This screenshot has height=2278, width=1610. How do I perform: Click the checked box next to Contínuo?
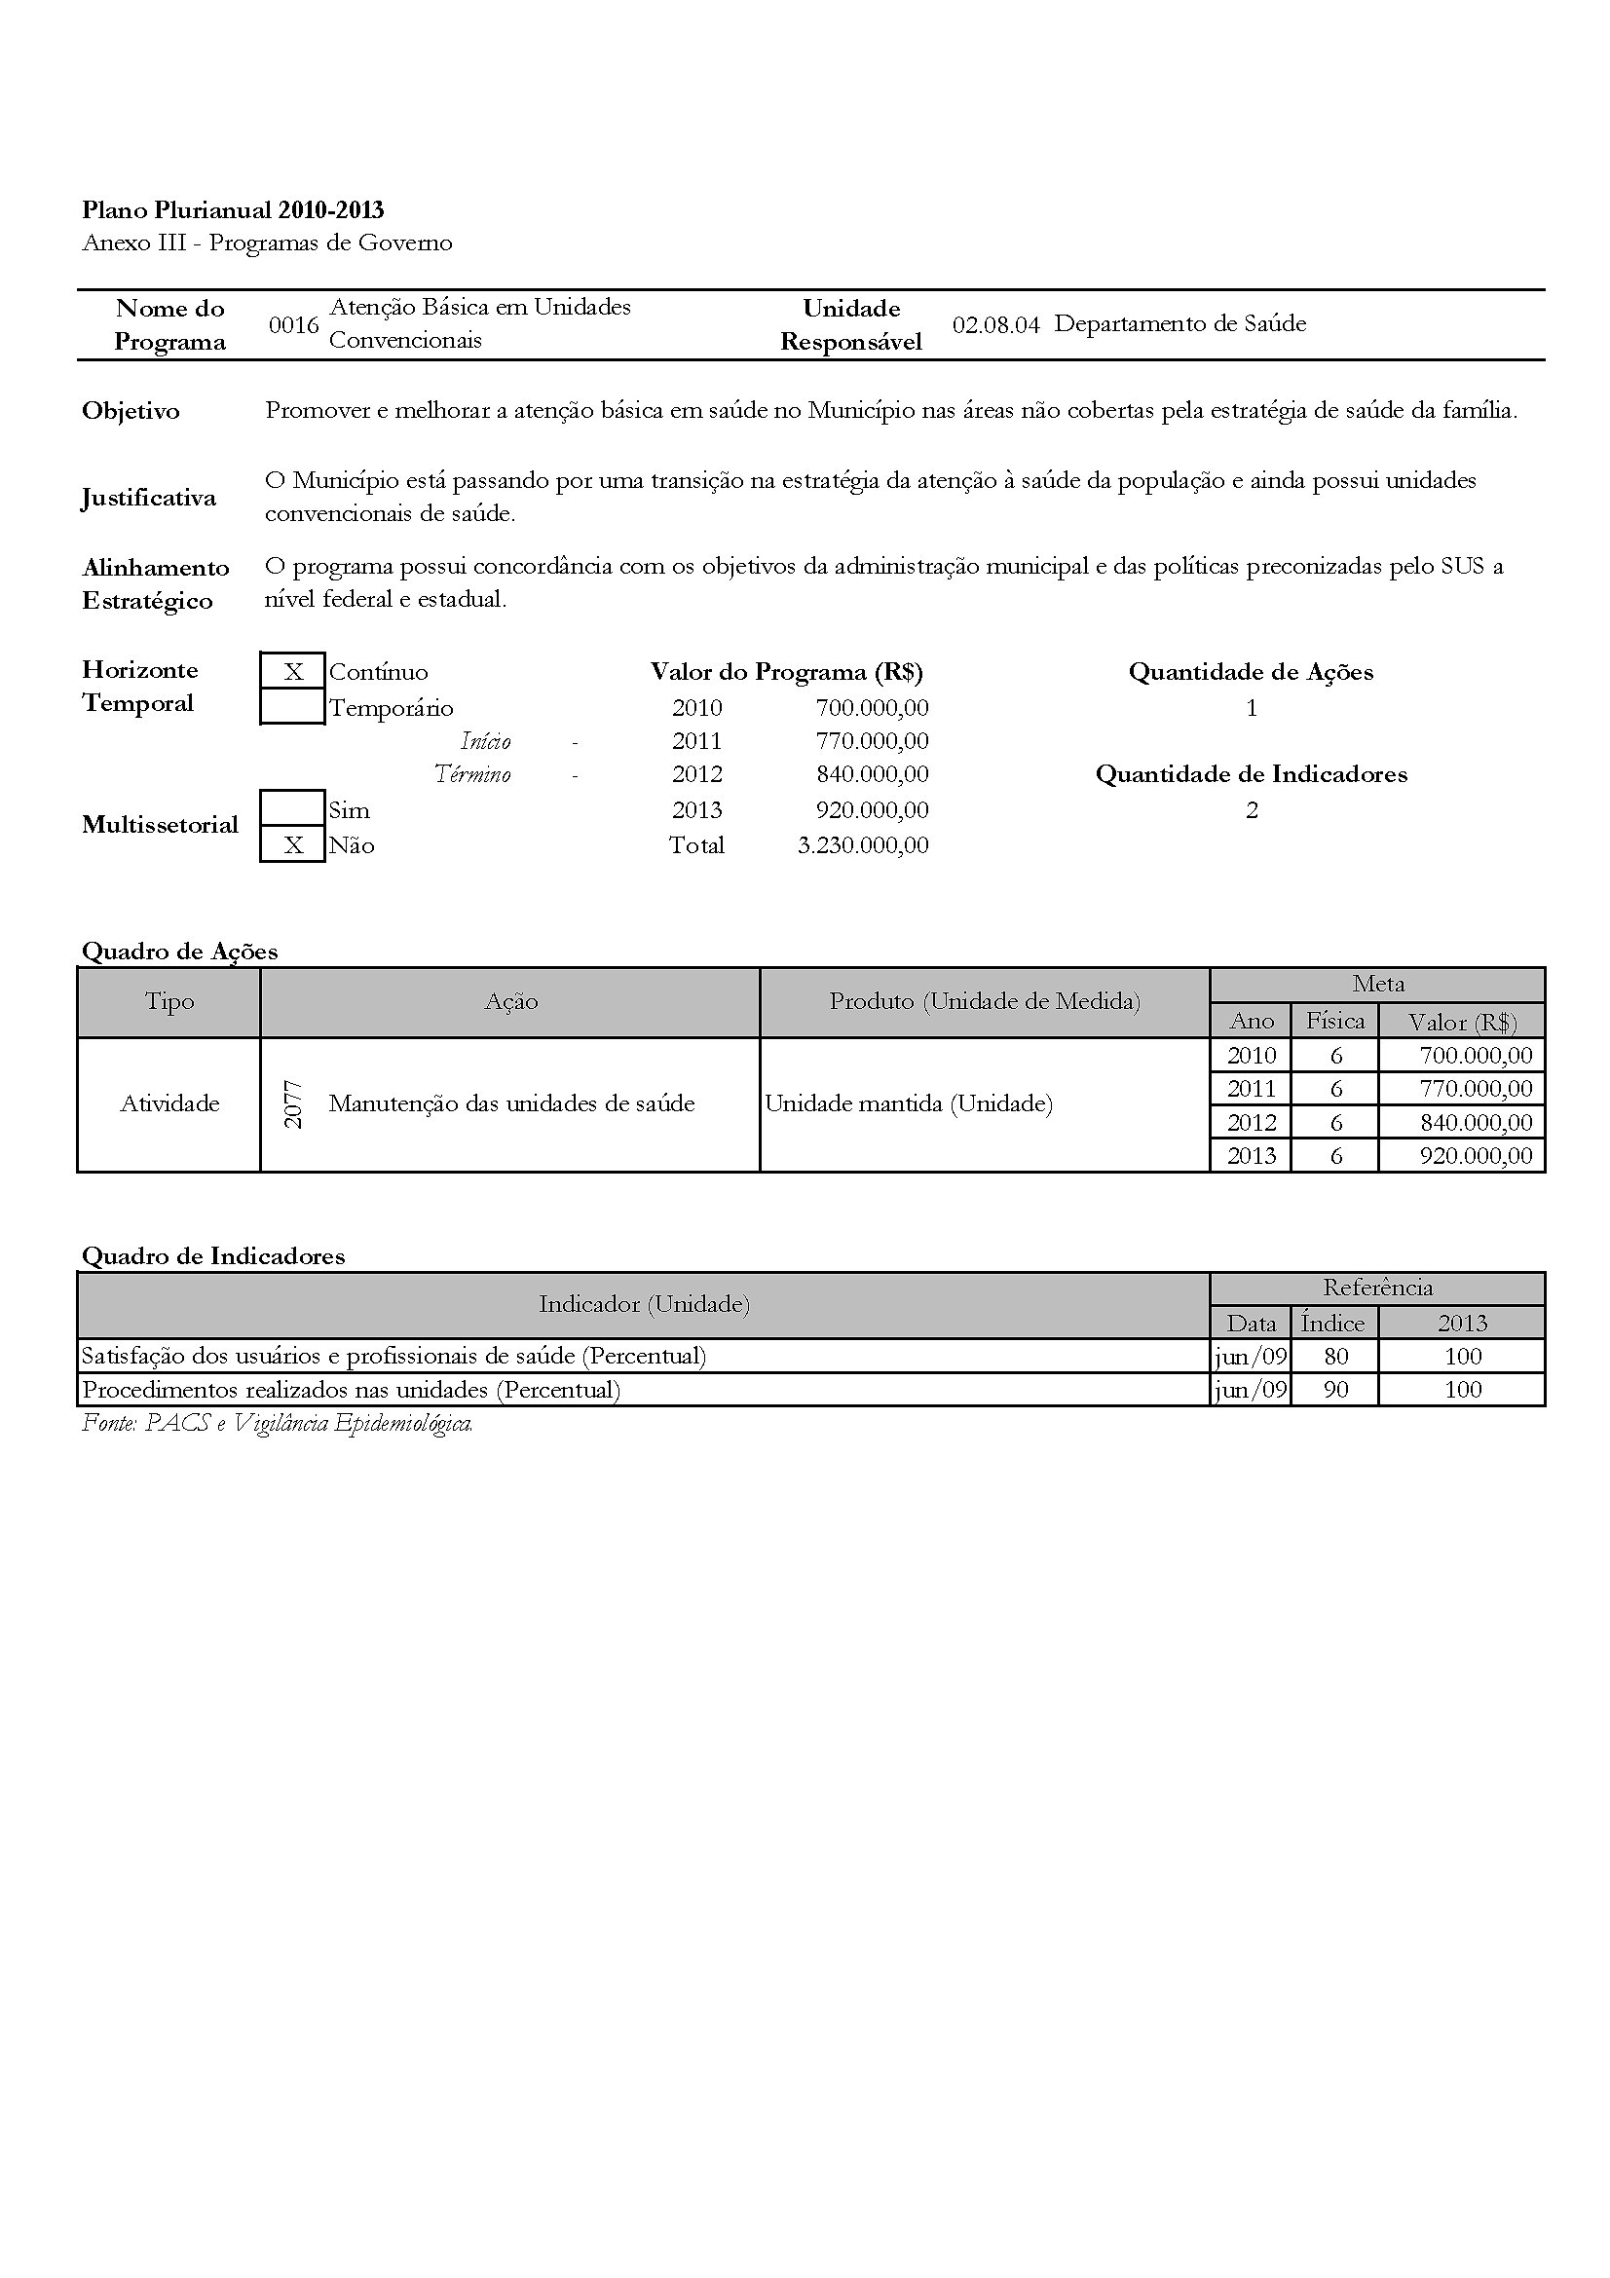(292, 672)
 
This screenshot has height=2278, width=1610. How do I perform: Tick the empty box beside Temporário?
(292, 707)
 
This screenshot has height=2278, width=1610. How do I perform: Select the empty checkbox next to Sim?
(292, 808)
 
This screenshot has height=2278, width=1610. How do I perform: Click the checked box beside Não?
(292, 845)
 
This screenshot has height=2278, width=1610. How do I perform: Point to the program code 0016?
(293, 325)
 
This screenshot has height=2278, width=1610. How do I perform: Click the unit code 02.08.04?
(996, 325)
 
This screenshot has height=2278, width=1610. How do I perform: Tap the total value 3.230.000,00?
(863, 845)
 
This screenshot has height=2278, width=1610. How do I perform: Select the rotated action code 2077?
(292, 1103)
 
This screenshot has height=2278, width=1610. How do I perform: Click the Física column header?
(1335, 1021)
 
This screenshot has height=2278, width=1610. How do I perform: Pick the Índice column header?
(1333, 1323)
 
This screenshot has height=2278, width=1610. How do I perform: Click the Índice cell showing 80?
(1335, 1357)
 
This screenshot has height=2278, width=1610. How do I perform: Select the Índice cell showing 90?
(1335, 1390)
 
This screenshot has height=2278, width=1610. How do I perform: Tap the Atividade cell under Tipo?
(169, 1103)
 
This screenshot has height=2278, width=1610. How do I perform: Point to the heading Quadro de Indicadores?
(213, 1256)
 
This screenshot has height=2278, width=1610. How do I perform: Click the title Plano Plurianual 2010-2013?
(233, 210)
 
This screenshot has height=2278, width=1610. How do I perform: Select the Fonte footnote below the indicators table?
(278, 1424)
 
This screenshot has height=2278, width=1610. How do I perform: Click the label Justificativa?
(149, 497)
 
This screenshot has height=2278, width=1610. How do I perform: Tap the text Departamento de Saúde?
(1179, 323)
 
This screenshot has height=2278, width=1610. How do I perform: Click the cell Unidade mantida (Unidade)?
(909, 1103)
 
